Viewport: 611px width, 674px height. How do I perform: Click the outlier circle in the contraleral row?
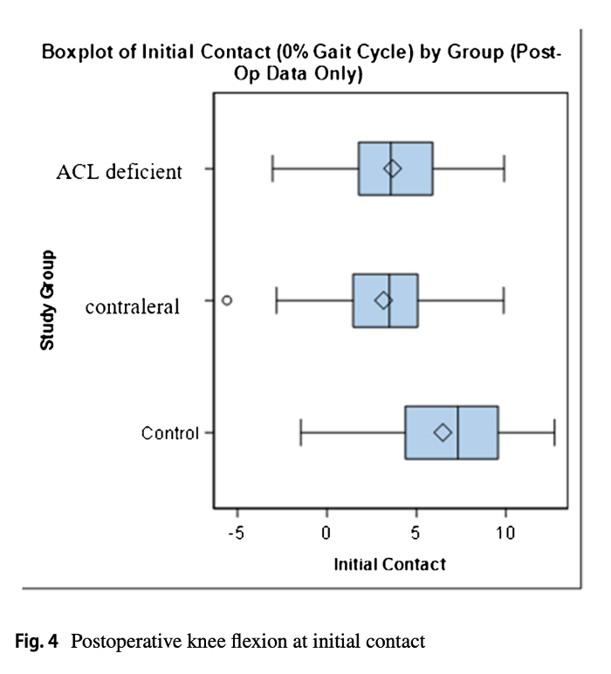coord(227,299)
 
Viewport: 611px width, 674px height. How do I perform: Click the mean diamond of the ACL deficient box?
coord(393,168)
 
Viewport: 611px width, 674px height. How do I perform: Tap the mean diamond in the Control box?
coord(443,432)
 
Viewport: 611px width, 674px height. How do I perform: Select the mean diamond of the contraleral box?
coord(383,300)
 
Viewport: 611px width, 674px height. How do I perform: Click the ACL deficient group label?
coord(120,171)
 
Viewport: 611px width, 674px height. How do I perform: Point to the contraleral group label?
coord(133,306)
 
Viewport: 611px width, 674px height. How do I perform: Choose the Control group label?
coord(170,433)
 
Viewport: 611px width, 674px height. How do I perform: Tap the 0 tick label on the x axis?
coord(326,533)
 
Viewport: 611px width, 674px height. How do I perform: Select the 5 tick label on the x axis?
coord(416,533)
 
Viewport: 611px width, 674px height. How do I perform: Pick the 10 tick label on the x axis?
coord(505,533)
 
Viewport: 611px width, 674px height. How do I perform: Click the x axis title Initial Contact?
coord(389,564)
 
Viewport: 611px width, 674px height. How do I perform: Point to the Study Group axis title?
coord(47,300)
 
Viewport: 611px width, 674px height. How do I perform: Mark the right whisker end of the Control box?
coord(554,432)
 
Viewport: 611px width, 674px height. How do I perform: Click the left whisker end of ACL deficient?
coord(272,168)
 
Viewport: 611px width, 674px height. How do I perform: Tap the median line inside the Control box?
coord(458,432)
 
